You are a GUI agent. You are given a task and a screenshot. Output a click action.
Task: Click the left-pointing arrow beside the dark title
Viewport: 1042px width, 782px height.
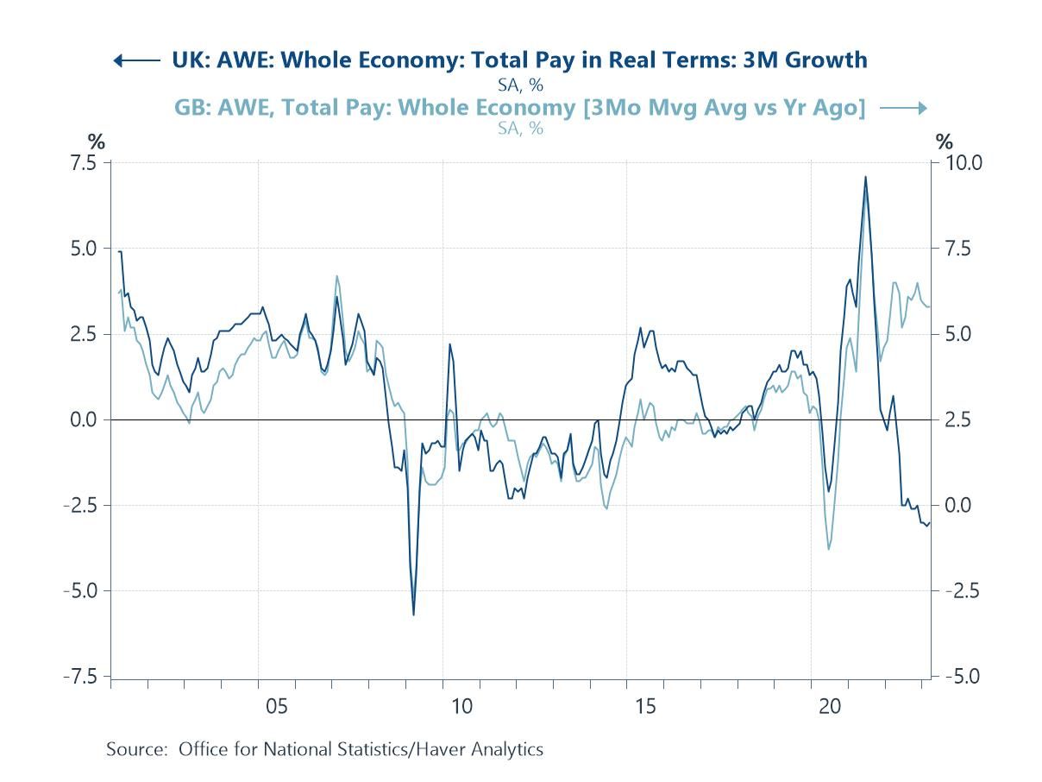tap(136, 60)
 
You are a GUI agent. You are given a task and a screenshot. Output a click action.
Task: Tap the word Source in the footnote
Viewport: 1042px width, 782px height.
tap(135, 749)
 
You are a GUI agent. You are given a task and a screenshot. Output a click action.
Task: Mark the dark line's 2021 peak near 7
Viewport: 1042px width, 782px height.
tap(865, 177)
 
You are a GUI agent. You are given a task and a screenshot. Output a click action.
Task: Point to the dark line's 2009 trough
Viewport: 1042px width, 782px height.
tap(413, 615)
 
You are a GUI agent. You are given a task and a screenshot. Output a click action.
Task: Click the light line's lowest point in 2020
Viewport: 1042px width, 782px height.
tap(829, 549)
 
